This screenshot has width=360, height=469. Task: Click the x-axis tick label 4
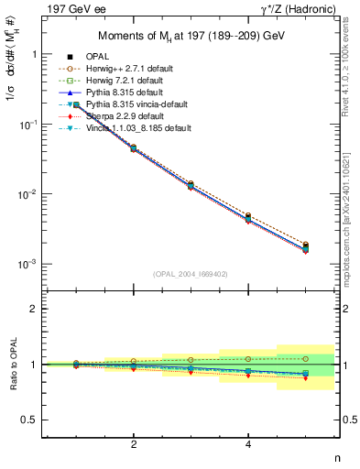(248, 445)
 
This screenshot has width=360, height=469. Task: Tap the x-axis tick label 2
(134, 445)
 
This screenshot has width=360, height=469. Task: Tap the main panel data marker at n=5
(305, 246)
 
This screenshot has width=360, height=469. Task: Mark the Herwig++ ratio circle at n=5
(305, 358)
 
